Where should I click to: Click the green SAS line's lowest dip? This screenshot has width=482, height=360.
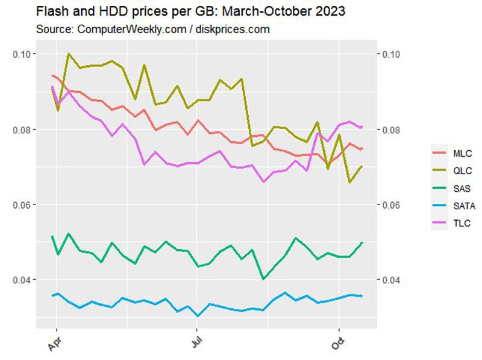pos(263,279)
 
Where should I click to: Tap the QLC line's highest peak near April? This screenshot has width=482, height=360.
pos(69,54)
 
